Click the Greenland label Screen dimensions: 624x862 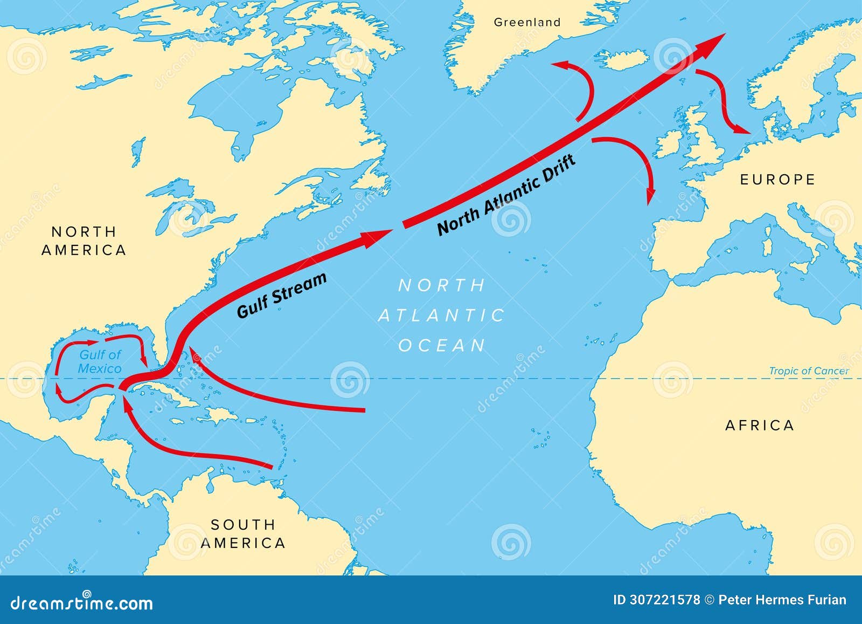click(x=527, y=23)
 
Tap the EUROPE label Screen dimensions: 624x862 click(x=777, y=180)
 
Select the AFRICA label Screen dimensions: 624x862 click(x=759, y=426)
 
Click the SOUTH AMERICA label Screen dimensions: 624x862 click(x=243, y=533)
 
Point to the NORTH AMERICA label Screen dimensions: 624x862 click(x=84, y=241)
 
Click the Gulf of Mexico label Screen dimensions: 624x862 click(x=100, y=362)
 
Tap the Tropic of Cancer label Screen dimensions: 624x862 click(x=808, y=371)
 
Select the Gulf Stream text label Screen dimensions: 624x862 click(x=282, y=295)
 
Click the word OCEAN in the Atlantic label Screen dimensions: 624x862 click(x=442, y=346)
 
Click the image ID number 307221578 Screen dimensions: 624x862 click(x=665, y=600)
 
